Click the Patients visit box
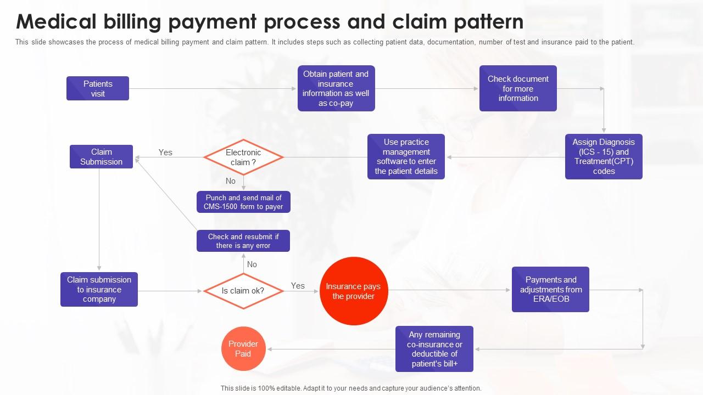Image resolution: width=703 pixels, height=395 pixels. click(98, 88)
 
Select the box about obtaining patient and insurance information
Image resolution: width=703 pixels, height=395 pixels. click(336, 88)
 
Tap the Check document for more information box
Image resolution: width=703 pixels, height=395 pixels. click(518, 88)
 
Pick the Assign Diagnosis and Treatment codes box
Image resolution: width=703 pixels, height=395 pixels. click(604, 156)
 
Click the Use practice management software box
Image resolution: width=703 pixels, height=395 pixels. click(406, 156)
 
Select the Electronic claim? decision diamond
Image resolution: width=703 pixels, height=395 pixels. click(243, 157)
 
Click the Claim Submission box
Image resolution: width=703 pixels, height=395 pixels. click(101, 156)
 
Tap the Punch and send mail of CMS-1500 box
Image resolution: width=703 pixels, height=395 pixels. click(243, 202)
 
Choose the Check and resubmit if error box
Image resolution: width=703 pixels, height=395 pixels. click(243, 241)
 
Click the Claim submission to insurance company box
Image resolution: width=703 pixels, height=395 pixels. click(99, 289)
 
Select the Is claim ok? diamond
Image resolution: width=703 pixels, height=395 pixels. click(243, 291)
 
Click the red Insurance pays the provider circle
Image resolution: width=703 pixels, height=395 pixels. click(353, 291)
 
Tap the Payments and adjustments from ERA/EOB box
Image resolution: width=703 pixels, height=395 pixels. click(550, 289)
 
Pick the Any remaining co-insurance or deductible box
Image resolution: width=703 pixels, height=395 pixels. click(434, 349)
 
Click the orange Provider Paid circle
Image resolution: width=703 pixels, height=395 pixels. click(243, 349)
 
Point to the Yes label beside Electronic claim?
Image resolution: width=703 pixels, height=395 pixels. click(165, 153)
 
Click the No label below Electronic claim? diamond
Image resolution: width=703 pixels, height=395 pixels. click(231, 181)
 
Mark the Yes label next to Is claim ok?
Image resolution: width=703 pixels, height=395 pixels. click(298, 286)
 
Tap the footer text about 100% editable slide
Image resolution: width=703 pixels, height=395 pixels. click(351, 388)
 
